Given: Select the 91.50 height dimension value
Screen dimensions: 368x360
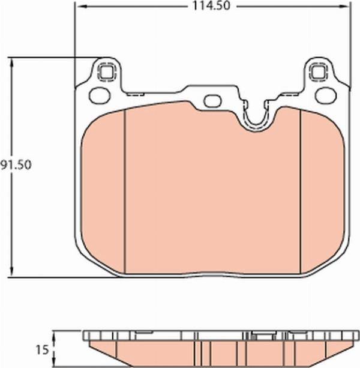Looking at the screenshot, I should [15, 164].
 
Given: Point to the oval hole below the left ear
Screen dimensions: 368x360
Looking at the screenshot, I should [97, 95].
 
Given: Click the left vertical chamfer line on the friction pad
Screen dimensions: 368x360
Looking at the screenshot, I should [124, 192].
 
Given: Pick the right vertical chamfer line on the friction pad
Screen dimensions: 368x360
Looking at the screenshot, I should [299, 192].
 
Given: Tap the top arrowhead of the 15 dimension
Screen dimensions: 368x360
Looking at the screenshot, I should [55, 334].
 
